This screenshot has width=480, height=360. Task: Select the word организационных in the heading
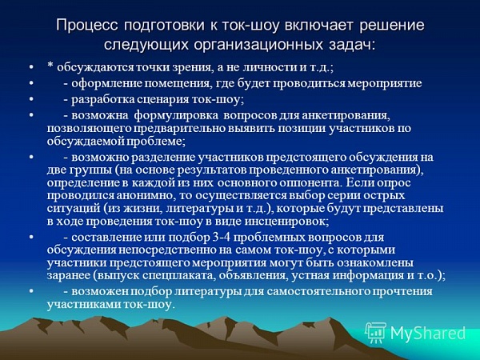(x=258, y=45)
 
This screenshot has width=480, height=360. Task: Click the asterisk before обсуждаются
(x=50, y=66)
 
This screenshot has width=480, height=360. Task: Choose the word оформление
(x=106, y=83)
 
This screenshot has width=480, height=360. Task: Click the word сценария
(x=163, y=100)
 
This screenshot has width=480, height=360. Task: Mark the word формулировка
(x=177, y=116)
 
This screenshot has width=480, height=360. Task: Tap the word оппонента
(x=309, y=183)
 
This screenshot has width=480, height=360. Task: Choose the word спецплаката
(x=177, y=276)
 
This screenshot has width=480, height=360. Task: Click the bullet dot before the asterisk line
(x=30, y=66)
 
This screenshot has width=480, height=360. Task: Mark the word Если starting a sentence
(x=358, y=182)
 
